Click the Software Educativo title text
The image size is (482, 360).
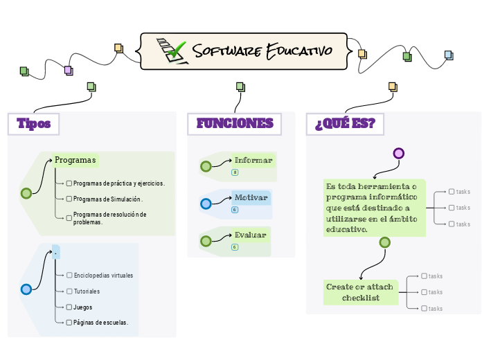point(262,51)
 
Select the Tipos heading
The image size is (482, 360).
point(33,124)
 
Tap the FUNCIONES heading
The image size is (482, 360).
point(235,124)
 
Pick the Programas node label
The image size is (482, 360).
point(75,160)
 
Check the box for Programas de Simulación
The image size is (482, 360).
point(69,199)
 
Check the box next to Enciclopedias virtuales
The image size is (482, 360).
point(69,276)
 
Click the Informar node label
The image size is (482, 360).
point(253,160)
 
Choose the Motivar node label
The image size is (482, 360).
point(251,197)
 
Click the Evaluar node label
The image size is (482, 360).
point(250,235)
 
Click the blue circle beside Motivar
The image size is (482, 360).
point(206,204)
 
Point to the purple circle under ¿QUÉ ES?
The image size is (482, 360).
point(398,154)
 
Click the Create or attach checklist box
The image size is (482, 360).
point(359,292)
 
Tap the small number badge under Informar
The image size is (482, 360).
point(235,172)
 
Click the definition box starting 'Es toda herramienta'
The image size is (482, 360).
point(373,208)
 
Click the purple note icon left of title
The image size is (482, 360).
point(68,70)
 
